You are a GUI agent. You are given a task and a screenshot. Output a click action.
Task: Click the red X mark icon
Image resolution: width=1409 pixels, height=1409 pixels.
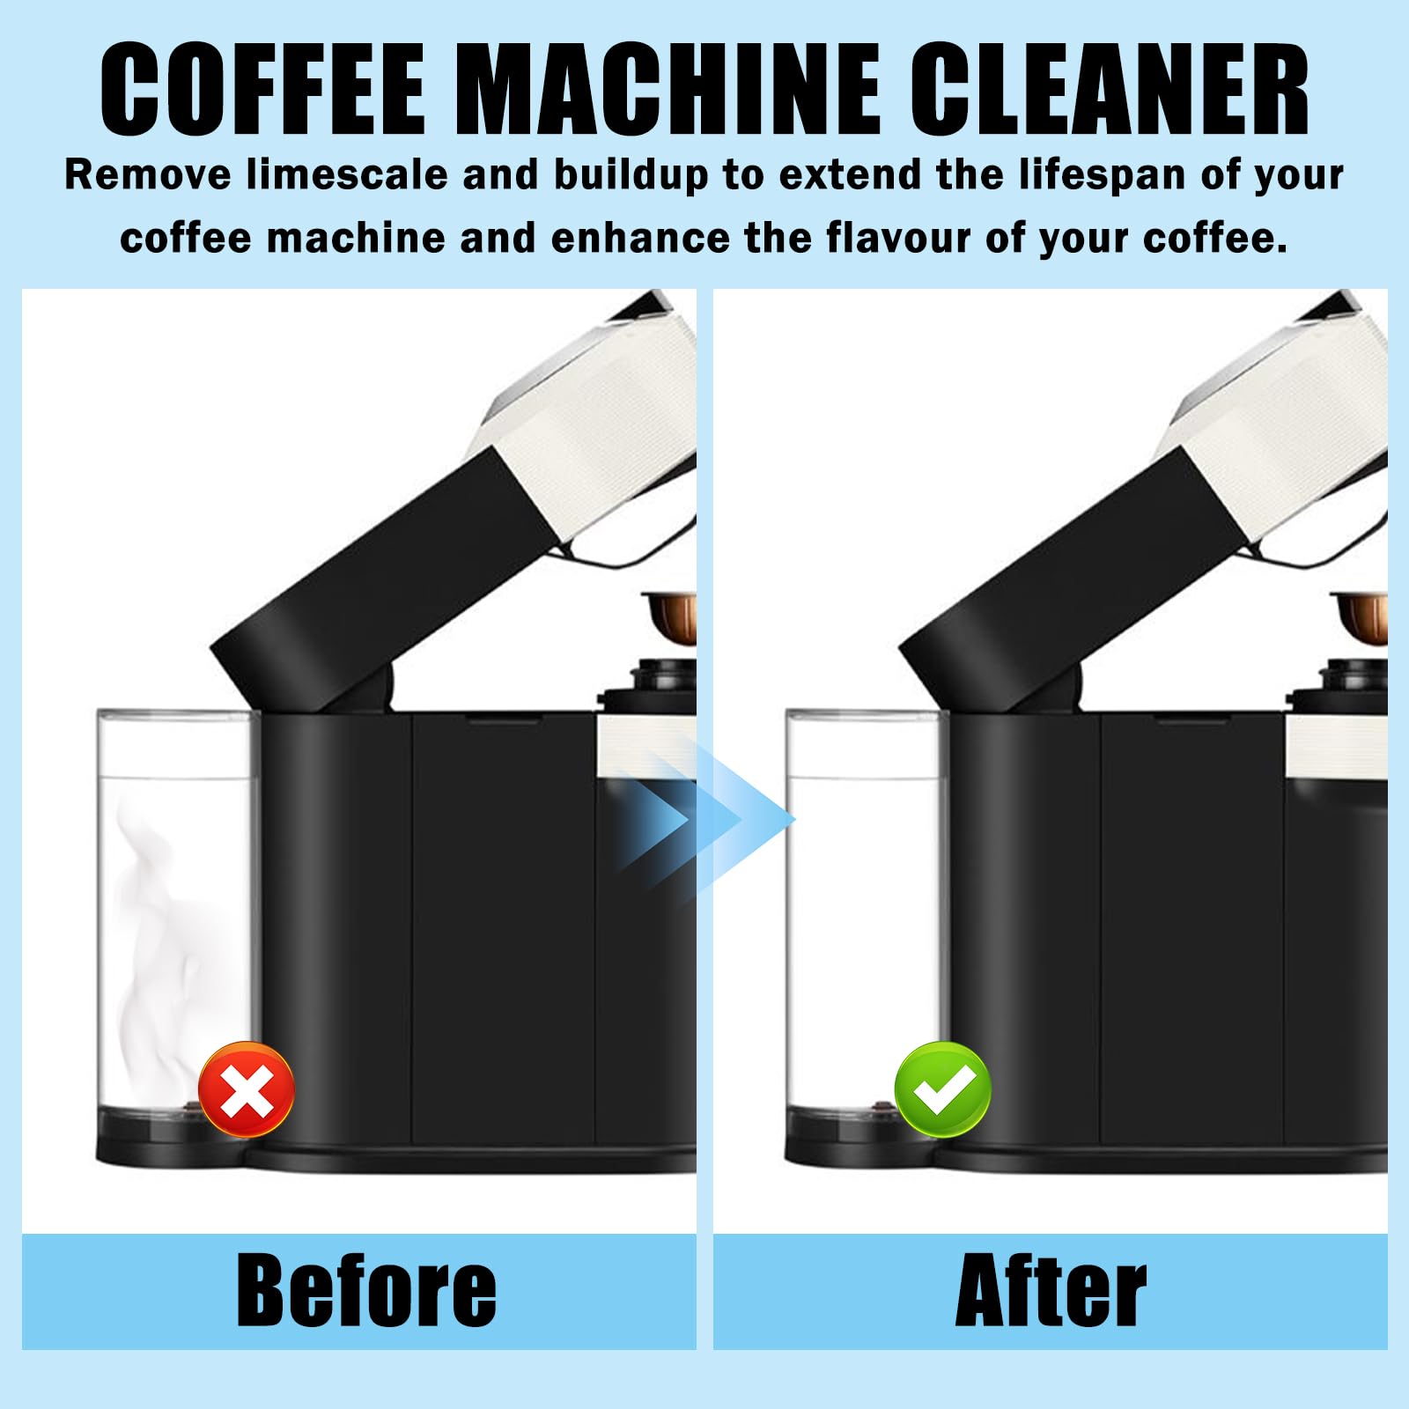point(247,1089)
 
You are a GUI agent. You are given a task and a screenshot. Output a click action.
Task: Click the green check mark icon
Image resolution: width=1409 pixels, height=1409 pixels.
point(942,1089)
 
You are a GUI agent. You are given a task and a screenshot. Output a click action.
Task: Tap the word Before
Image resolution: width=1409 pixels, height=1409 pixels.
point(366,1291)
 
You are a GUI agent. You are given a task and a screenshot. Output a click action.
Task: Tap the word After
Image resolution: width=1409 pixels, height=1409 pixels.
point(1051,1291)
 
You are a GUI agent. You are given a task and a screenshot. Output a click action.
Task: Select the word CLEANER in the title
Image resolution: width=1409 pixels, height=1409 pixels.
point(1109,89)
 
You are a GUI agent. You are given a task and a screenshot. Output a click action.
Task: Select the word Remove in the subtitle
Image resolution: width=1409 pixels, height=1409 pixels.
point(147,174)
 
